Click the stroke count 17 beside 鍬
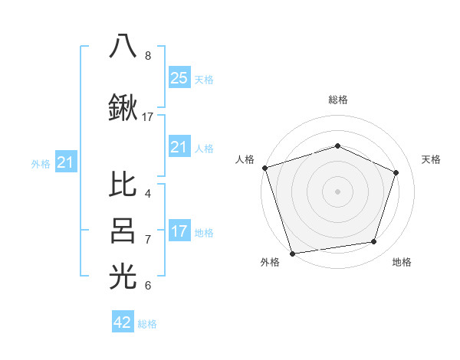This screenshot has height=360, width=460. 148,117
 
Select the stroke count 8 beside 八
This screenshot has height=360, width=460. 148,56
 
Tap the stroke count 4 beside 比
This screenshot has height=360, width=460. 148,193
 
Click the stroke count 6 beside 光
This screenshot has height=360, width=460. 148,286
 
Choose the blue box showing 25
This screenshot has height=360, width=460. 179,77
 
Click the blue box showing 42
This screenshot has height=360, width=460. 123,322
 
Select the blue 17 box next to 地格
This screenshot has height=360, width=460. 179,231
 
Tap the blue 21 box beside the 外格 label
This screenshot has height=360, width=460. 66,162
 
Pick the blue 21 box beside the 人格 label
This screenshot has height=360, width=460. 179,147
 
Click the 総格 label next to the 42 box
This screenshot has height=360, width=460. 147,324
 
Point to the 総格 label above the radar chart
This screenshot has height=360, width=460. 337,100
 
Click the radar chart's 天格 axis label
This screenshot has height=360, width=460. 431,159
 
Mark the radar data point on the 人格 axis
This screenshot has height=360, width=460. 264,168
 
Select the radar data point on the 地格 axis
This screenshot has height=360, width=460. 374,242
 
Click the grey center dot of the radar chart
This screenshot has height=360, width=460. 337,191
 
